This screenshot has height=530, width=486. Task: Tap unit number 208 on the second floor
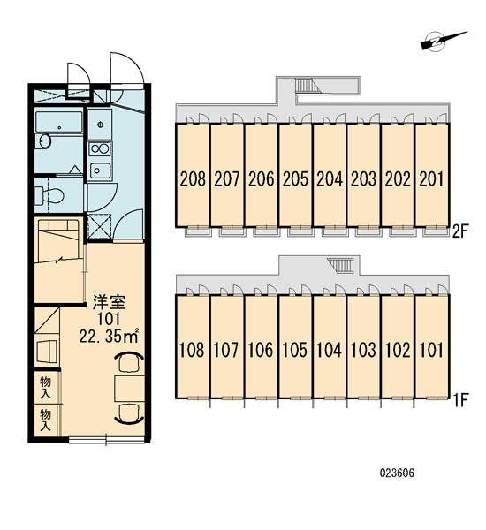point(193,178)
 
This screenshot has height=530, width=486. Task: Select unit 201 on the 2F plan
point(431,178)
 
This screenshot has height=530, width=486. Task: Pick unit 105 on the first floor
point(294,350)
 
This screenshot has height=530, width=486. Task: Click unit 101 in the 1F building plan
point(431,350)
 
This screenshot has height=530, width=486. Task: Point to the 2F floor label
point(460,231)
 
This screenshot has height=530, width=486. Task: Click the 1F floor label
point(460,400)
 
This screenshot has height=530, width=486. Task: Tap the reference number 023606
point(397,473)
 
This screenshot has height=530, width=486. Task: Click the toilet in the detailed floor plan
point(49,195)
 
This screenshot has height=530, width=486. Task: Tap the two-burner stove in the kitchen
point(100,148)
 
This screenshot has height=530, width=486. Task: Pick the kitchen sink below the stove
point(100,170)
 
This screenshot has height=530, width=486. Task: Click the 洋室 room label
point(110,302)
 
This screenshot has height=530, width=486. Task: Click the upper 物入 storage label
point(45,388)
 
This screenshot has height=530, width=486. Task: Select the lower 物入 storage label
point(45,420)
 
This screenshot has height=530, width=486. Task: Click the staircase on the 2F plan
point(308,85)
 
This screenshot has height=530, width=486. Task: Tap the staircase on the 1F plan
point(340,265)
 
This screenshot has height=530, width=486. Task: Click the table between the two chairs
point(130,388)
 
